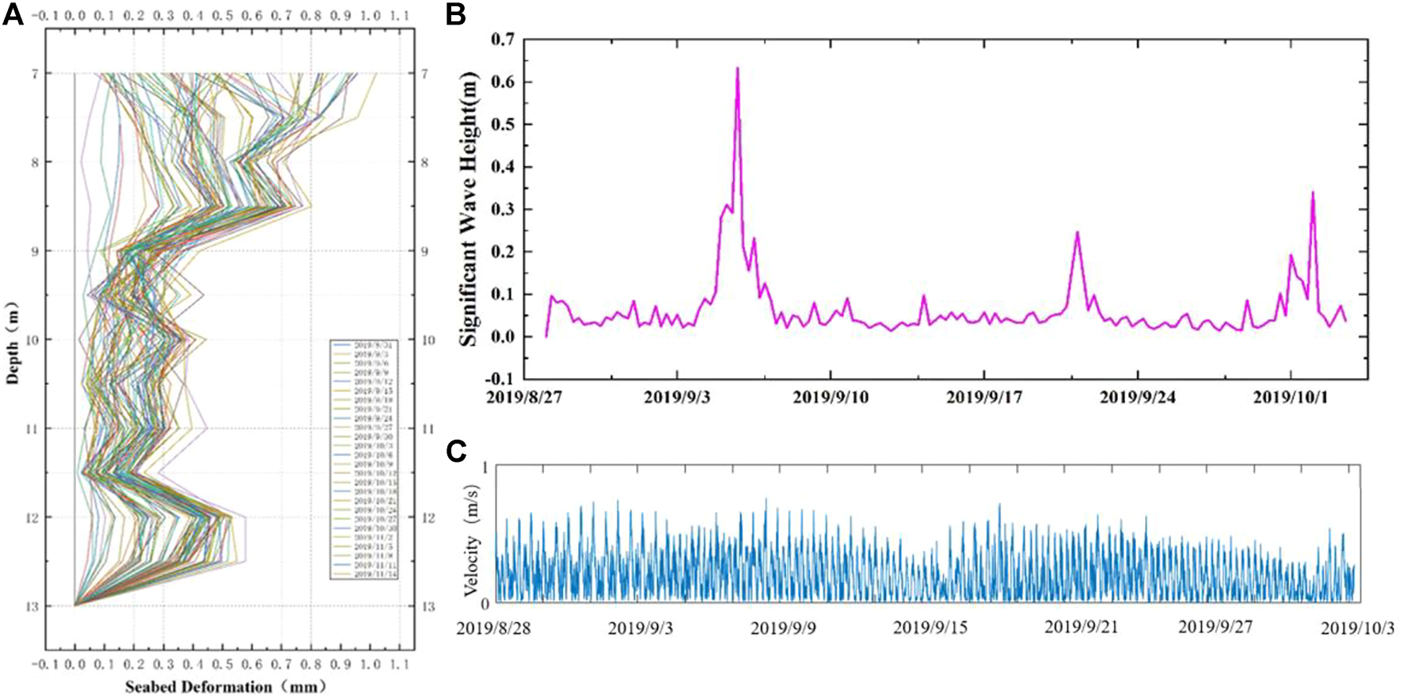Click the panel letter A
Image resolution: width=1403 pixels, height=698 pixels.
click(13, 14)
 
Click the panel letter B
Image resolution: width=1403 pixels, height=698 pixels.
click(455, 14)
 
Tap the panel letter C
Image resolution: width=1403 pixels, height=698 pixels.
click(456, 451)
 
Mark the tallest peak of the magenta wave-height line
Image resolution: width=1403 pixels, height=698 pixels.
click(737, 68)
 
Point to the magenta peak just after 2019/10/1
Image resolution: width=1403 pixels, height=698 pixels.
click(1313, 193)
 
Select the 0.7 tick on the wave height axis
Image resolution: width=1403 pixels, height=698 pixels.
click(502, 40)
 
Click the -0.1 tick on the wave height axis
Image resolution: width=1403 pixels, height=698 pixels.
click(499, 380)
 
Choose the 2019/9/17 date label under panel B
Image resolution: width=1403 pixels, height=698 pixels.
click(983, 396)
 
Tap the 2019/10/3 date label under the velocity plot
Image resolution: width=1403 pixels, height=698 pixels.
click(1357, 628)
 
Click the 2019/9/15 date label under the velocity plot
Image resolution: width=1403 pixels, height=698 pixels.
click(930, 628)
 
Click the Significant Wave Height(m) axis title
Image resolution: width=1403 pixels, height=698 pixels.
click(470, 208)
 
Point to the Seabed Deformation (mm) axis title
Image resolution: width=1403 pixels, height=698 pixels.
click(225, 687)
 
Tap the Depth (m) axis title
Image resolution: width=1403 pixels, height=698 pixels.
click(13, 342)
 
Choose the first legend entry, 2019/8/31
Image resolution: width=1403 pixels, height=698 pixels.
click(372, 345)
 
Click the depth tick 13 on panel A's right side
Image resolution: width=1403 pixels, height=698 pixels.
click(428, 607)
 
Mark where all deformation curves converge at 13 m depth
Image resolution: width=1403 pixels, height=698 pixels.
click(75, 605)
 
